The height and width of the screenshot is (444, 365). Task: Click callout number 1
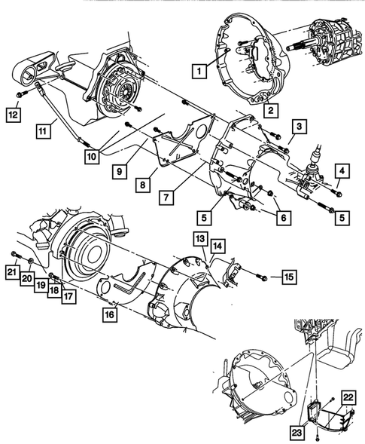coord(199,72)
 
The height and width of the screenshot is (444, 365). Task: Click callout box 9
coord(120,171)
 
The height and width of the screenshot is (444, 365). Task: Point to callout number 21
coord(13,271)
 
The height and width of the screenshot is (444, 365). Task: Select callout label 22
coord(348,398)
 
